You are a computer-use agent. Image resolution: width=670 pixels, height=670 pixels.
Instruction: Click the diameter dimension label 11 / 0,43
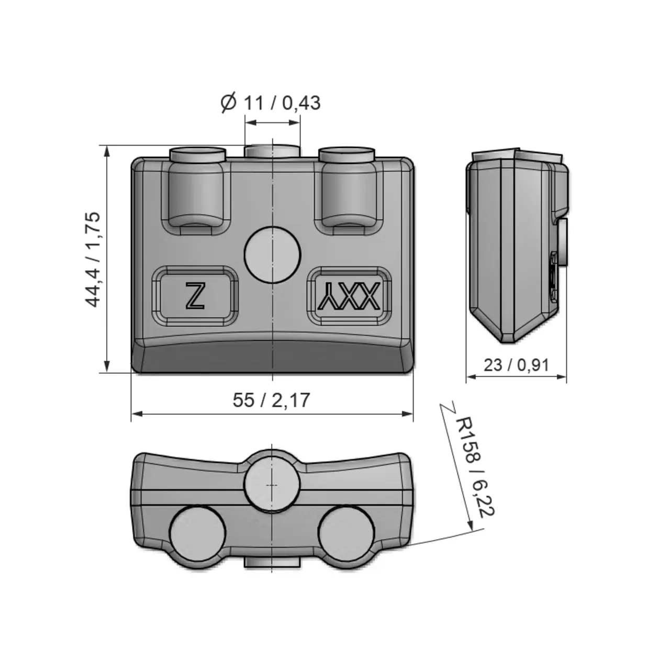[282, 103]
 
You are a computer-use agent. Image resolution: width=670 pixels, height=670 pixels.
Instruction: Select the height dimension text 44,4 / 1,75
[93, 259]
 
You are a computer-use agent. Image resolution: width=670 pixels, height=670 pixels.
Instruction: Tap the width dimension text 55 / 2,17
[271, 400]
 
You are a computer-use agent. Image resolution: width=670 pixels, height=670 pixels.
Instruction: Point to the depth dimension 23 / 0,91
[516, 364]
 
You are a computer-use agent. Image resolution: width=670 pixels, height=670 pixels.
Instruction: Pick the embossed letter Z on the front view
[195, 296]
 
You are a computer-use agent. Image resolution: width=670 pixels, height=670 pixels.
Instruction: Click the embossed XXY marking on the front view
[349, 297]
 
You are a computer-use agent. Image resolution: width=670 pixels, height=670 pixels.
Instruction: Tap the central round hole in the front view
[273, 255]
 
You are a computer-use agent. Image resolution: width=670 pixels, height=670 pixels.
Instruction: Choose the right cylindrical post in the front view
[347, 188]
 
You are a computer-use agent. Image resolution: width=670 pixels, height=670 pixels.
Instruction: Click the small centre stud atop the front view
[273, 151]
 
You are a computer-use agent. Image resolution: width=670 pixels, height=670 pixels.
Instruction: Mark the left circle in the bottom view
[198, 534]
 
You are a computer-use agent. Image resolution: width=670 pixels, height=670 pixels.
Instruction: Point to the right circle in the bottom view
[348, 534]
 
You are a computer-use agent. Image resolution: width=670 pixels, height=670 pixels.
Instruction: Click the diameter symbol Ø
[228, 103]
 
